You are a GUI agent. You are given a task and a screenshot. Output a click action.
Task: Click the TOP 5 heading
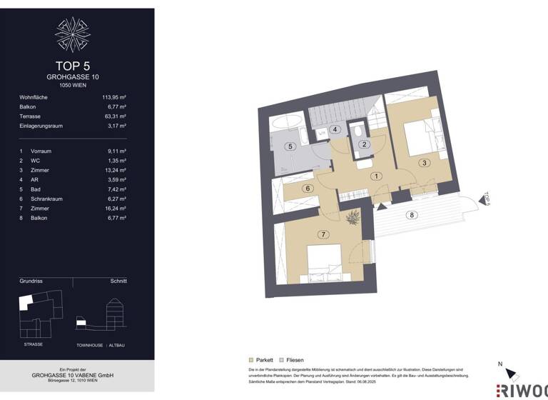(x=72, y=66)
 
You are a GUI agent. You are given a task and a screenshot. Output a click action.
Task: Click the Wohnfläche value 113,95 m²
(x=113, y=97)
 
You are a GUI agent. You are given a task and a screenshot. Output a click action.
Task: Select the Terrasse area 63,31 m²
(x=113, y=116)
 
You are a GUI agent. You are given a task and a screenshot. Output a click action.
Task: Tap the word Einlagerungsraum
(x=41, y=126)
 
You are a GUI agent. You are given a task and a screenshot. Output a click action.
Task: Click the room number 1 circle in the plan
(x=376, y=176)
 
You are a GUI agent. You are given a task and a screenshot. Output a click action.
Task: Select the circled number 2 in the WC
(x=364, y=144)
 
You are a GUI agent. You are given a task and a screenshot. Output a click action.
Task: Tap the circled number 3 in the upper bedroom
(x=425, y=163)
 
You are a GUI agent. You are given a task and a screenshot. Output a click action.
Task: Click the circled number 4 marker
(x=334, y=129)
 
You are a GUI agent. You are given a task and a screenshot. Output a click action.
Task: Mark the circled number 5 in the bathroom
(x=290, y=146)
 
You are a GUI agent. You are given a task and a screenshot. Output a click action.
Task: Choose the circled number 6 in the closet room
(x=308, y=189)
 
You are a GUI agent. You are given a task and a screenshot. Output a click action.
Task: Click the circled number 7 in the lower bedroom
(x=323, y=234)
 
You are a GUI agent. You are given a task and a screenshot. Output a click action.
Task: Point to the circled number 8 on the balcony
(x=411, y=215)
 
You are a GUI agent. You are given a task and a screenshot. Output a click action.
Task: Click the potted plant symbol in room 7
(x=352, y=218)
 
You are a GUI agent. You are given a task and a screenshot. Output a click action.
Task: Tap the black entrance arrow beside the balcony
(x=381, y=206)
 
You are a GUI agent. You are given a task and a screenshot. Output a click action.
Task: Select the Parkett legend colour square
(x=250, y=360)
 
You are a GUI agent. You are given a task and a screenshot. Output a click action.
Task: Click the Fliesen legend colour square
(x=281, y=360)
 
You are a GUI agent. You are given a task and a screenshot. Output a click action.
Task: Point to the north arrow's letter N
(x=499, y=364)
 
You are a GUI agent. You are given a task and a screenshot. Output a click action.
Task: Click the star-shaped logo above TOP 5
(x=72, y=34)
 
